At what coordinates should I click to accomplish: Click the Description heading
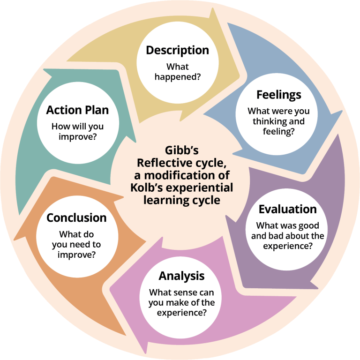coord(177,50)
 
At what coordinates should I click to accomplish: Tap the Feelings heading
coord(278,95)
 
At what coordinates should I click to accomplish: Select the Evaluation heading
coord(288,209)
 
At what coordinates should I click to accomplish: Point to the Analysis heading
coord(181,275)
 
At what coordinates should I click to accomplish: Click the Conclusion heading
coord(76,218)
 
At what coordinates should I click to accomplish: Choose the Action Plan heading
coord(77,110)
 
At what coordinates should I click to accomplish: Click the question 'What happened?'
coord(177,71)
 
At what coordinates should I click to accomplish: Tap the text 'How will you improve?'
coord(77,132)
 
